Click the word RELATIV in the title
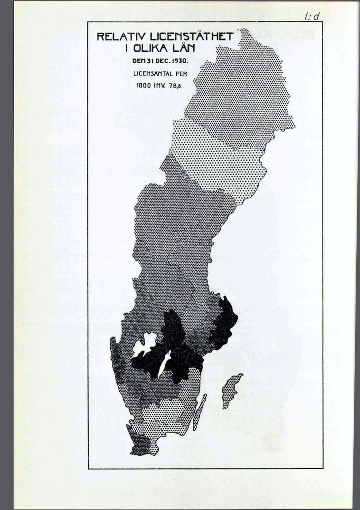(x=114, y=37)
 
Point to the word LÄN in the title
(x=184, y=48)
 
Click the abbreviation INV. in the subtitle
(x=160, y=87)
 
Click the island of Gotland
(x=231, y=390)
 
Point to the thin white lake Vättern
(x=165, y=364)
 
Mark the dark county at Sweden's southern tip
(x=141, y=445)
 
